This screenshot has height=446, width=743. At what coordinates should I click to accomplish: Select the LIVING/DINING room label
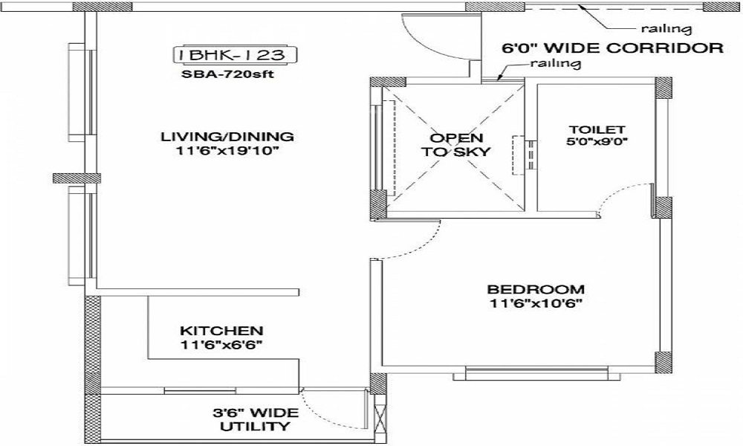coord(227,137)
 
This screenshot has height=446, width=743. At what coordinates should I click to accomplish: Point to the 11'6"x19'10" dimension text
coord(227,152)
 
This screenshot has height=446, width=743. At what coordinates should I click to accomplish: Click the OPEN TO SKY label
coord(457,145)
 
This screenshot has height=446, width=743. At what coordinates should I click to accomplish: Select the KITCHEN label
coord(221,330)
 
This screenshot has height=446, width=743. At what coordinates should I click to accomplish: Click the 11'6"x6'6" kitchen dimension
coord(221,345)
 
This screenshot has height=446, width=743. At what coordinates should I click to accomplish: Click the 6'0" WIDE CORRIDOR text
coord(613,49)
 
